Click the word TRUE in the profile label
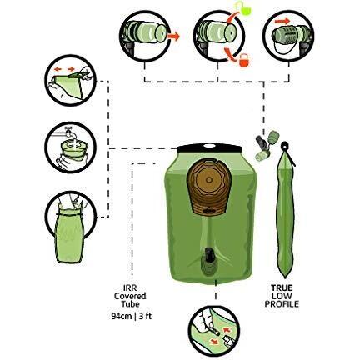coord(282,287)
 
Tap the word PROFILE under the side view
coord(282,304)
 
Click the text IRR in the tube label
coord(129,288)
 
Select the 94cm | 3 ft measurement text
coord(131,316)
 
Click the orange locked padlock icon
coord(244,61)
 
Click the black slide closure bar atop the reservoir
coord(209,147)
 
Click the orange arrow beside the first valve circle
coord(173,37)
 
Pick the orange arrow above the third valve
coord(282,21)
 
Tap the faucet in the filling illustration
coord(67,132)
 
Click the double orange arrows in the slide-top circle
coord(64,69)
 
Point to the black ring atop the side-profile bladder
coord(284,146)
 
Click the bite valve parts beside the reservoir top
coord(267,145)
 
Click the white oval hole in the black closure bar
coord(210,145)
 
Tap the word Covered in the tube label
coord(130,296)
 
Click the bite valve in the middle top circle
coord(216,33)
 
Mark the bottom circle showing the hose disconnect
coord(213,331)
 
